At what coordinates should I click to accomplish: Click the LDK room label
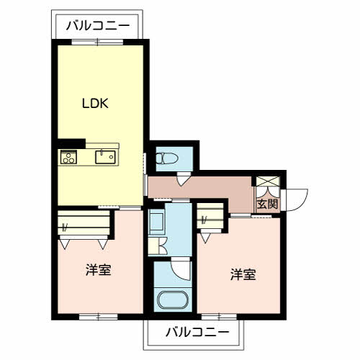pos(95,104)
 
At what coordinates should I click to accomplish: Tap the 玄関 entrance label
pos(267,204)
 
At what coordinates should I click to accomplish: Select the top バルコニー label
pos(98,25)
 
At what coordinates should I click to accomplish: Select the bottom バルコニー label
pos(197,332)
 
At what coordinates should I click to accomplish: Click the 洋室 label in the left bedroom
pos(99,269)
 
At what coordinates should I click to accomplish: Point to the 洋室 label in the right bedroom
pos(243,274)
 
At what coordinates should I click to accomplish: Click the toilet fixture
pos(167,158)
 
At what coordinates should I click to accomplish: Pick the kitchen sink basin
pos(105,157)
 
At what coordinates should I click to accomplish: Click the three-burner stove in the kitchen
pos(68,157)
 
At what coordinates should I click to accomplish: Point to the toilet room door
pos(183,179)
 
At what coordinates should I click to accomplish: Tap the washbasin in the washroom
pos(156,222)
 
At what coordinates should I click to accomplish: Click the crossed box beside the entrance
pos(268,181)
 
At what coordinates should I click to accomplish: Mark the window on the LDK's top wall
pos(97,42)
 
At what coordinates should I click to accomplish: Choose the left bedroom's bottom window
pos(99,317)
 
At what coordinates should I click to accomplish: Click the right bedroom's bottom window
pos(219,317)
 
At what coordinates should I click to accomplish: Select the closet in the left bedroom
pos(84,223)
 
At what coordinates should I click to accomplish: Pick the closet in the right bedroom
pos(210,216)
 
